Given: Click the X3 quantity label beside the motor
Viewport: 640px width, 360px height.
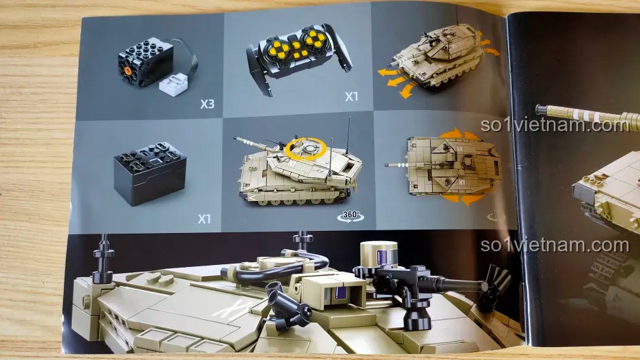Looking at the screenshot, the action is tap(207, 104).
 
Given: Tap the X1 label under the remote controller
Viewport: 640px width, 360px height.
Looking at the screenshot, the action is tap(351, 96).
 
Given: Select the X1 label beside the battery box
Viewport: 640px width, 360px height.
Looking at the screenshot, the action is tap(205, 219).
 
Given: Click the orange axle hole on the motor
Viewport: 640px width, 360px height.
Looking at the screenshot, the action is tap(128, 71).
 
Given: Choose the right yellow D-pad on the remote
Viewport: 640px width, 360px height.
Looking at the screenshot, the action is tap(314, 39).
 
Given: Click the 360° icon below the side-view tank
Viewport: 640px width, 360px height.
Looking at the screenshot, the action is tap(351, 216).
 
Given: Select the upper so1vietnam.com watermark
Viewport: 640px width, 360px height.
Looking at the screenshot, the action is tap(554, 125).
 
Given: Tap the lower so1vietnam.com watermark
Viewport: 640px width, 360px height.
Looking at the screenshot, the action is tap(554, 245).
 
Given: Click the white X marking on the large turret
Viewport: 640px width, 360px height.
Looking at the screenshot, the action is tap(234, 309).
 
